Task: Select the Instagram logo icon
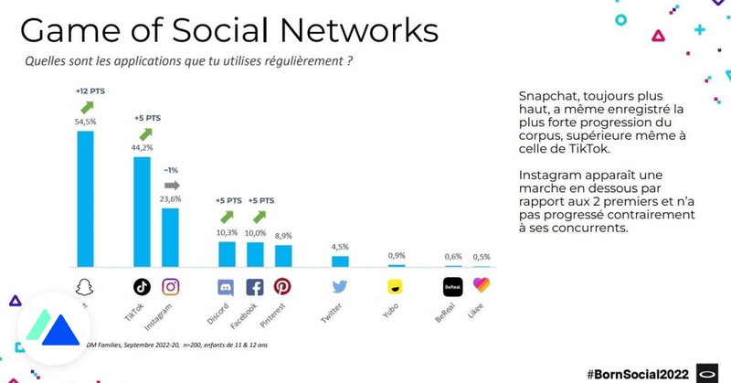(171, 286)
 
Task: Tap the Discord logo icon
(227, 286)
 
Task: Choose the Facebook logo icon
(255, 286)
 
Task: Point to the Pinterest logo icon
(283, 286)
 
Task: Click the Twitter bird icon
(340, 286)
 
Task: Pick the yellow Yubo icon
(396, 286)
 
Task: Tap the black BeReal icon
(452, 285)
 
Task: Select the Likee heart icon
(482, 285)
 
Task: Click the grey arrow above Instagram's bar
(171, 184)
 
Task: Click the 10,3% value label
(227, 234)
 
